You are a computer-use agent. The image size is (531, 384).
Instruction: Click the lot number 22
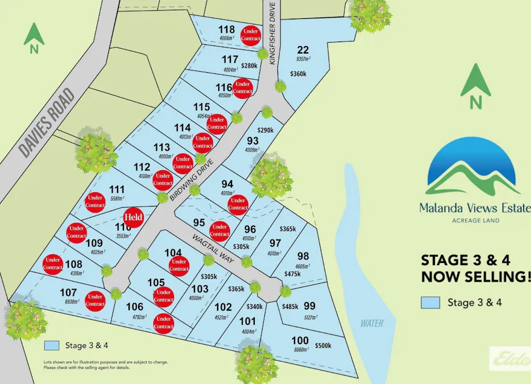(302, 49)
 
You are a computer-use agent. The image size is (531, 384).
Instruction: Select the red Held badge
(133, 217)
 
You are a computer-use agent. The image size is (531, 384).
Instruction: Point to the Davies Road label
(46, 122)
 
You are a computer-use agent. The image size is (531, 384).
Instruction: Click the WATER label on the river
(372, 324)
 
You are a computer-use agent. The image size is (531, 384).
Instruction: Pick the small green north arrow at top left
(34, 38)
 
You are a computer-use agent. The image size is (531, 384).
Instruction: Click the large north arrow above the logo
(475, 86)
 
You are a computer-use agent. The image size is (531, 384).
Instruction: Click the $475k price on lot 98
(293, 274)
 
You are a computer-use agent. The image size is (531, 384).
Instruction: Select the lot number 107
(68, 292)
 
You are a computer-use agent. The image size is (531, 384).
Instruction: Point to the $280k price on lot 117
(249, 66)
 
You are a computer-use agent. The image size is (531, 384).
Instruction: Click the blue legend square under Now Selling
(430, 303)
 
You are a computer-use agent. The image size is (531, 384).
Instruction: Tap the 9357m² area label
(303, 59)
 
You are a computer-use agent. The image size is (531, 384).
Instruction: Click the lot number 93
(252, 141)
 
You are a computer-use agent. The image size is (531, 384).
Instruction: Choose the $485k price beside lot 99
(291, 307)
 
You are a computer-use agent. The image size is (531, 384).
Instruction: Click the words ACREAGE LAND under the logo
(475, 220)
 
